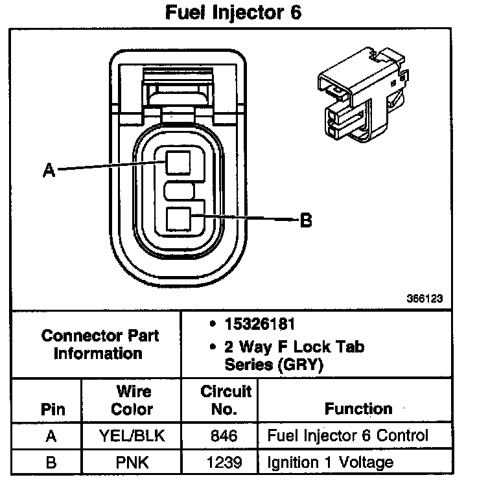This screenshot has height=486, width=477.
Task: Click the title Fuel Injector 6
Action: point(234,13)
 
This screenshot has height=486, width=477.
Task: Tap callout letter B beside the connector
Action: point(306,221)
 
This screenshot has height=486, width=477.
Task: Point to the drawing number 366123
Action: point(426,299)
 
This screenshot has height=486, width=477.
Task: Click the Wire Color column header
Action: point(132,400)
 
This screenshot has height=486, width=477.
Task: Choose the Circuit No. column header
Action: point(226,400)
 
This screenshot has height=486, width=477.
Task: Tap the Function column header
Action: point(358,409)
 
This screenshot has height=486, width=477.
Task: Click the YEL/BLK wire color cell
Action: point(132,436)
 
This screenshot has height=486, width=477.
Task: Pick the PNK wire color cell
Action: point(132,463)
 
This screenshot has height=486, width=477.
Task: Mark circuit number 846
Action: point(224,436)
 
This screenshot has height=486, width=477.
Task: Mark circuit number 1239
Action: point(224,463)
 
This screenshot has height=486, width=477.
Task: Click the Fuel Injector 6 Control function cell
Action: point(348,435)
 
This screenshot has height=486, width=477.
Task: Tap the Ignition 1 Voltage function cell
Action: point(331,463)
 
